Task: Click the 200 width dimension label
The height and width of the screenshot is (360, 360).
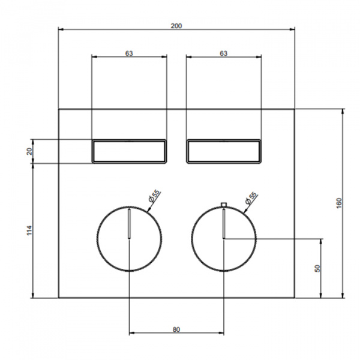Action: tap(176, 26)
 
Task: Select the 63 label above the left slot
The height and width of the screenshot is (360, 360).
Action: tap(129, 53)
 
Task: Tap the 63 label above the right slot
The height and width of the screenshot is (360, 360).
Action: tap(224, 53)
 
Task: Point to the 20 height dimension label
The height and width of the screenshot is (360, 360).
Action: tap(29, 151)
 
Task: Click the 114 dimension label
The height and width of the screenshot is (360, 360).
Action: tap(29, 230)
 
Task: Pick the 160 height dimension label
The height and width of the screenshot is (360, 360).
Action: tap(339, 203)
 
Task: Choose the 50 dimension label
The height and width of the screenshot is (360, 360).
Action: tap(317, 268)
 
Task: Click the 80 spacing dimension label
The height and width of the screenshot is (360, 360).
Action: tap(176, 329)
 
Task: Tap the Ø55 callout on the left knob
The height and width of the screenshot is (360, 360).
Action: tap(154, 196)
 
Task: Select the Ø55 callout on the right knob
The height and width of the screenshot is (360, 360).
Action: tap(251, 198)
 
